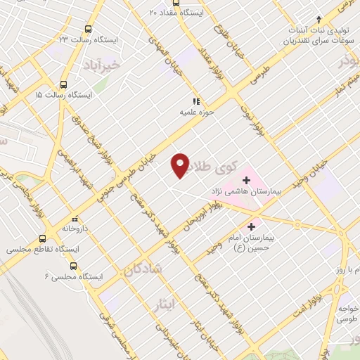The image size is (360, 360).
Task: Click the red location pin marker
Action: [181, 165]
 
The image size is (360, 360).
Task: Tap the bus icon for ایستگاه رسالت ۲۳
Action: [88, 29]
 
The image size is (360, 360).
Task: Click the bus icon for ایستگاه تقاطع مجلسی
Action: [43, 239]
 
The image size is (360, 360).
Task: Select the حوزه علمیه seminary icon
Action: [196, 101]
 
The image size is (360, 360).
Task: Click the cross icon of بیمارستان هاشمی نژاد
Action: [246, 180]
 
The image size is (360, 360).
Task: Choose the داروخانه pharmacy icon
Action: [77, 218]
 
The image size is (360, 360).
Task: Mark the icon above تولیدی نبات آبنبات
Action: [319, 20]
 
